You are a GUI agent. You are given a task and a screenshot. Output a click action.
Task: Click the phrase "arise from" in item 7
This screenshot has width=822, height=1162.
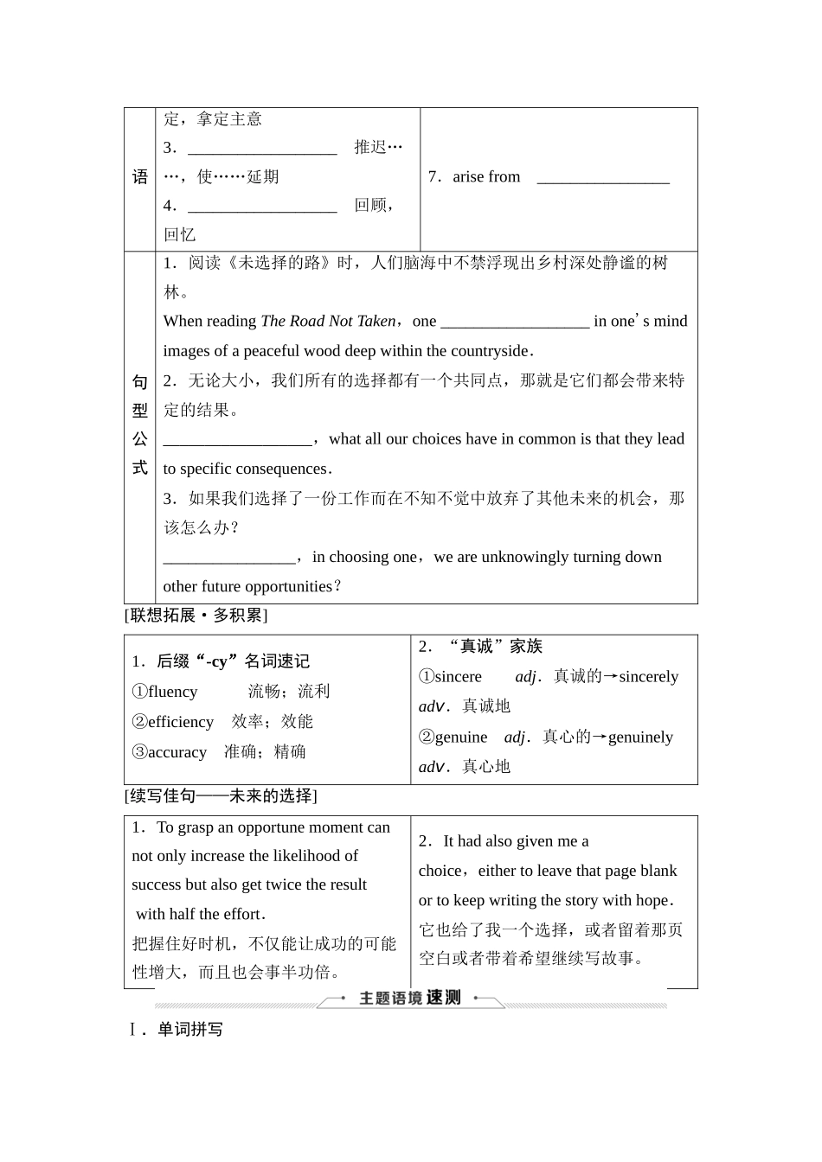(x=486, y=177)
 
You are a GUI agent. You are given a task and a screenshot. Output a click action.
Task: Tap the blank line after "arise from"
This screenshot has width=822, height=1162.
(x=603, y=180)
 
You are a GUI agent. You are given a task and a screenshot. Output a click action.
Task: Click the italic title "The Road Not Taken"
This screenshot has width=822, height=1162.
(x=328, y=322)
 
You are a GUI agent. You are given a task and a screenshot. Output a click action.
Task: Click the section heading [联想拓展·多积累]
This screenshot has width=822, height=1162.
(x=196, y=616)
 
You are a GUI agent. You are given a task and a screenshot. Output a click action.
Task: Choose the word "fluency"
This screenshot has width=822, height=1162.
(x=173, y=692)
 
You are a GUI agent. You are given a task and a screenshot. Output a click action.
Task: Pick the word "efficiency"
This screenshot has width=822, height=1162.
(x=180, y=722)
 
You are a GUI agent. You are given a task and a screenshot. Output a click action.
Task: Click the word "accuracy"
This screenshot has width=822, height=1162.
(x=177, y=752)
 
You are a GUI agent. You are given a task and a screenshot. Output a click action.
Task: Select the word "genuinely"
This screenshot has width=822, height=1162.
(x=640, y=737)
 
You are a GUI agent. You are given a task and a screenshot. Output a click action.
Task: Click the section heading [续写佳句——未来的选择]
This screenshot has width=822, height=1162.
(x=221, y=796)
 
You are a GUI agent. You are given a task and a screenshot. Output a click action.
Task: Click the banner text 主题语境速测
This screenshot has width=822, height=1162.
(x=410, y=999)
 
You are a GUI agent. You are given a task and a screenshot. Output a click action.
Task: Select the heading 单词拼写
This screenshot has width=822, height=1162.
(x=189, y=1030)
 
